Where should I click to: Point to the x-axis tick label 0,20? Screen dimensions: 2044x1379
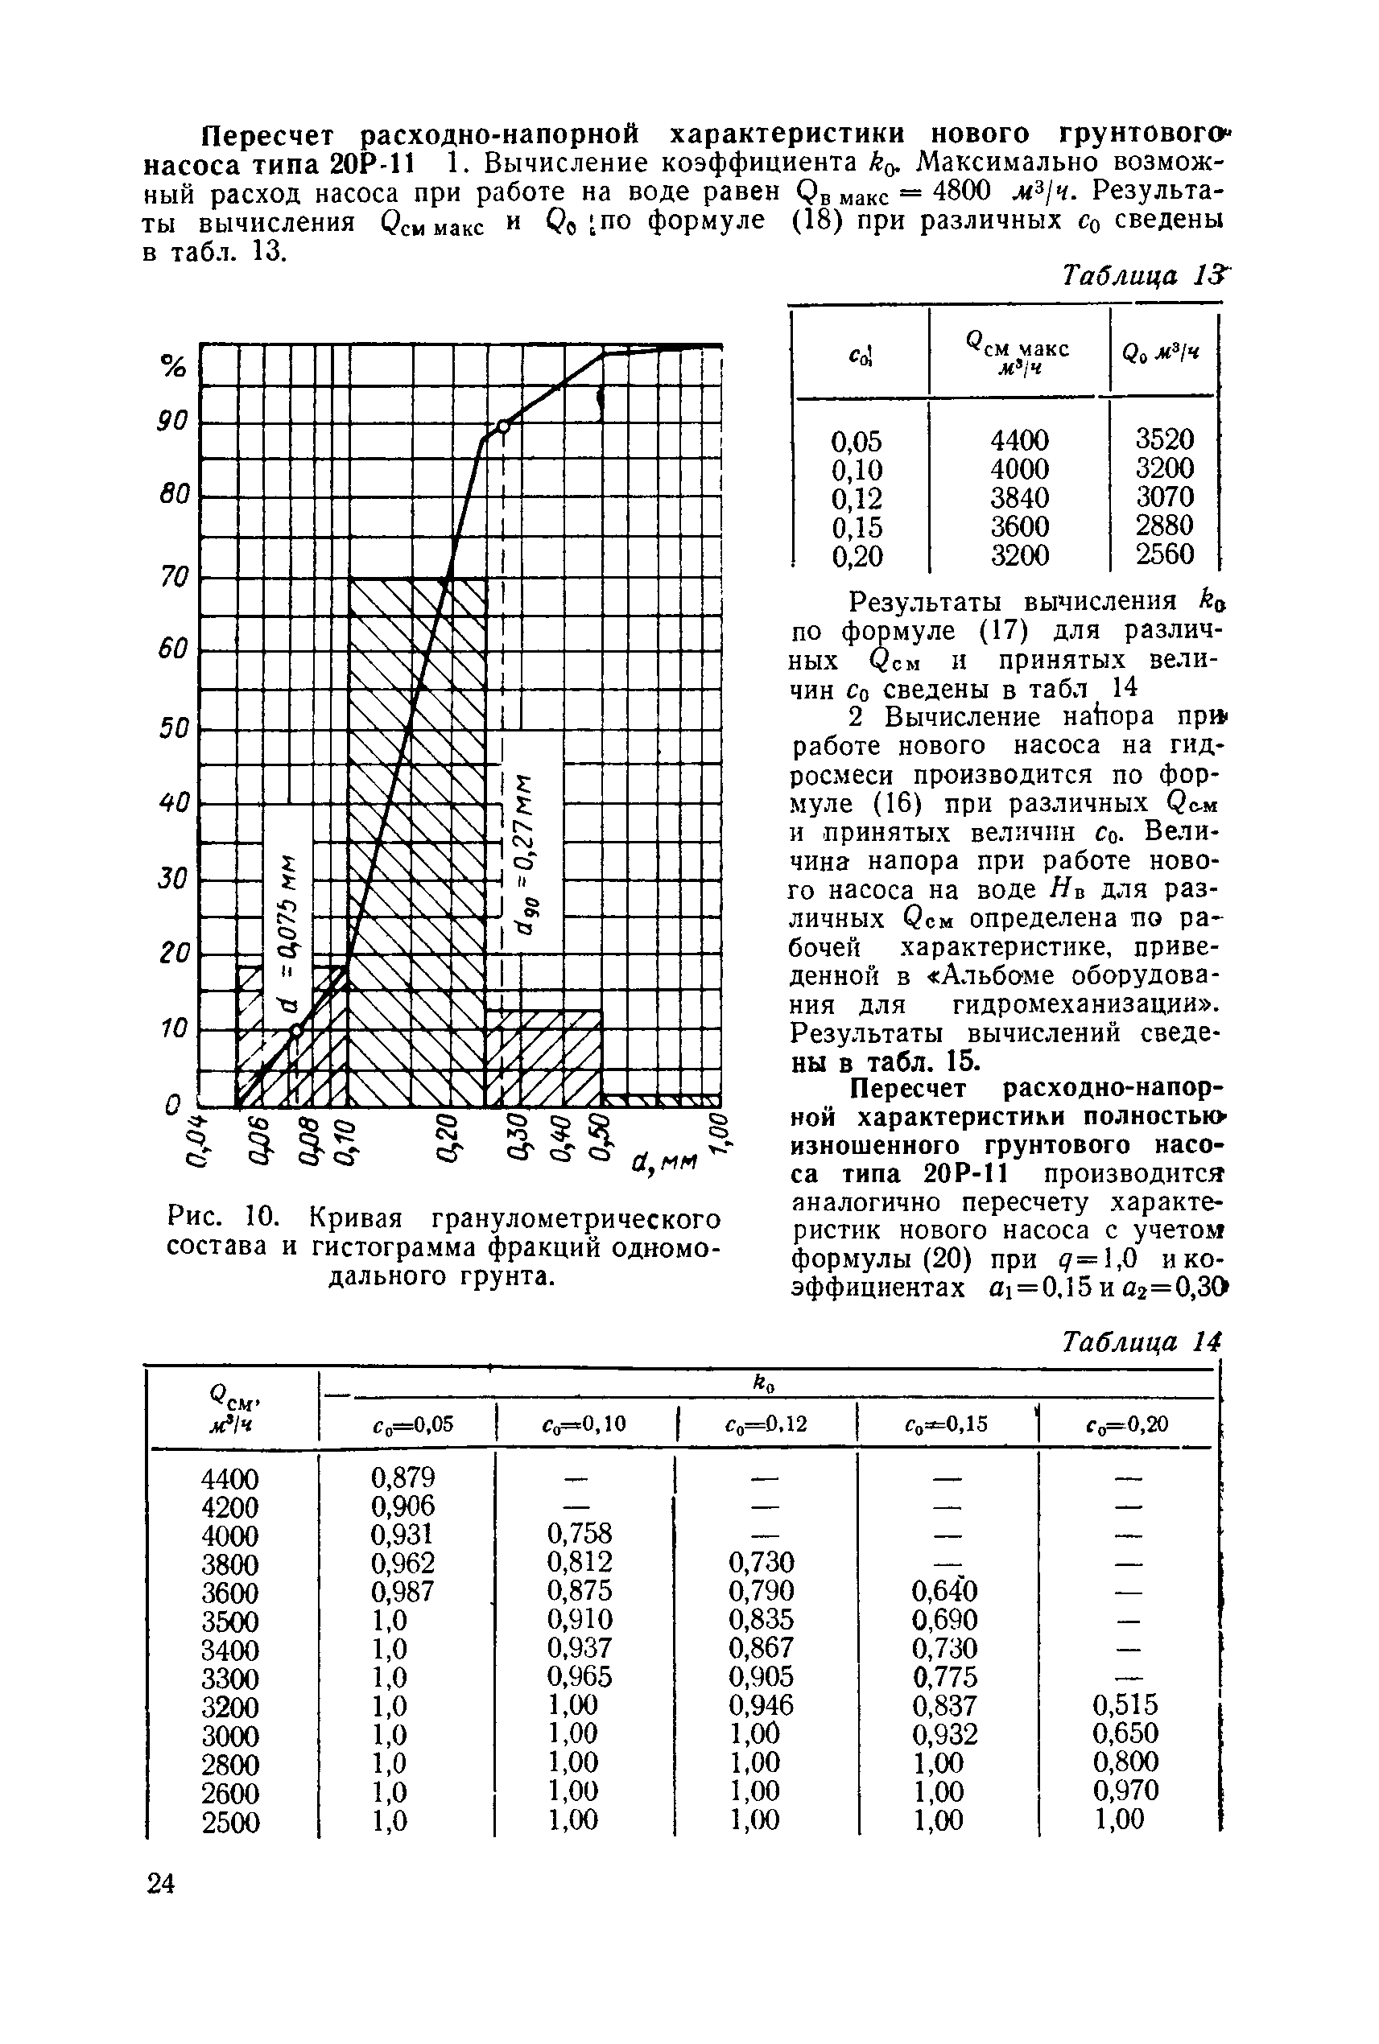click(448, 1139)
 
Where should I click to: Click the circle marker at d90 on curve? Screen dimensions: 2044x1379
click(503, 427)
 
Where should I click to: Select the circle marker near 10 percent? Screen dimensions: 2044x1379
click(296, 1030)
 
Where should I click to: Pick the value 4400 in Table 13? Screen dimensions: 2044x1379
click(1019, 439)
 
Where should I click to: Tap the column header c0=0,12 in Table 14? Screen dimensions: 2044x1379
click(765, 1424)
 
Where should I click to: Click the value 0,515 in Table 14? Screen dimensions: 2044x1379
click(1125, 1704)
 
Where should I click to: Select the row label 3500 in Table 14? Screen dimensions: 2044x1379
click(230, 1620)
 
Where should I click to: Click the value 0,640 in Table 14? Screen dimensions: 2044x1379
click(944, 1591)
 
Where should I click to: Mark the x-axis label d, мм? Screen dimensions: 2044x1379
click(663, 1165)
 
